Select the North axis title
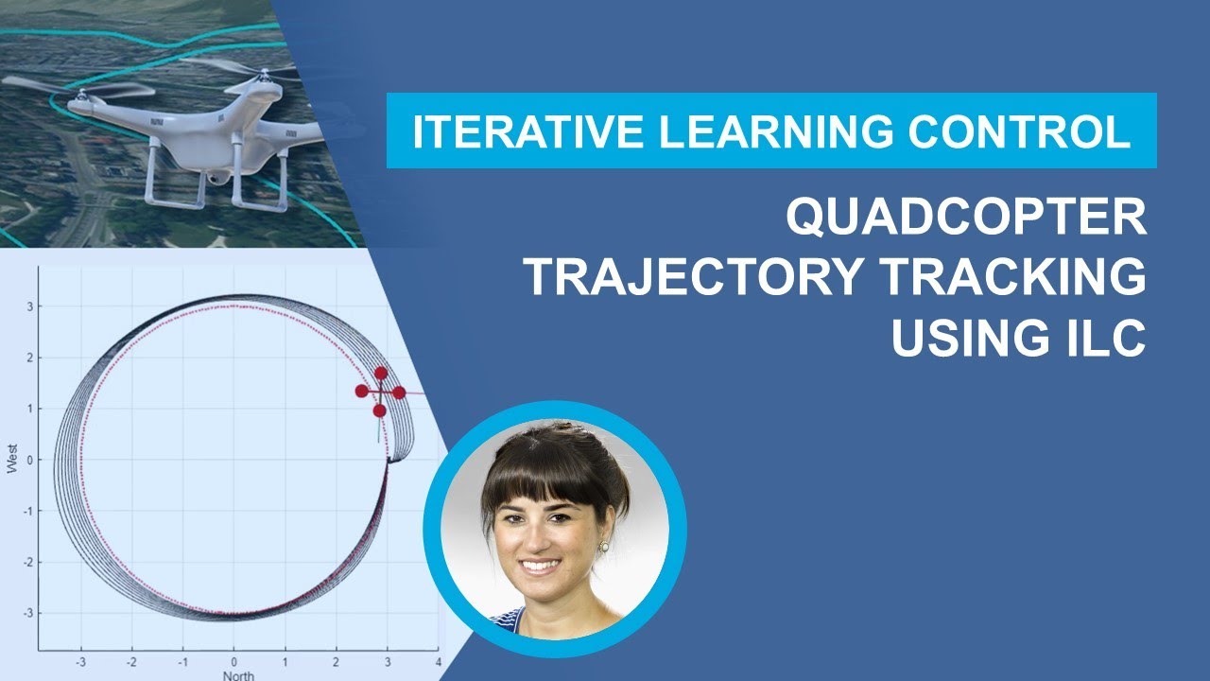pos(237,675)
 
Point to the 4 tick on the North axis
pos(438,661)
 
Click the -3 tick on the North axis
pos(81,661)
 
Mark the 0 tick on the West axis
pos(29,460)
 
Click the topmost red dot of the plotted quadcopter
pos(381,374)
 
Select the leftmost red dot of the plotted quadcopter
pos(361,391)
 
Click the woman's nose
pos(540,536)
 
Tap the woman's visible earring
pos(604,546)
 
